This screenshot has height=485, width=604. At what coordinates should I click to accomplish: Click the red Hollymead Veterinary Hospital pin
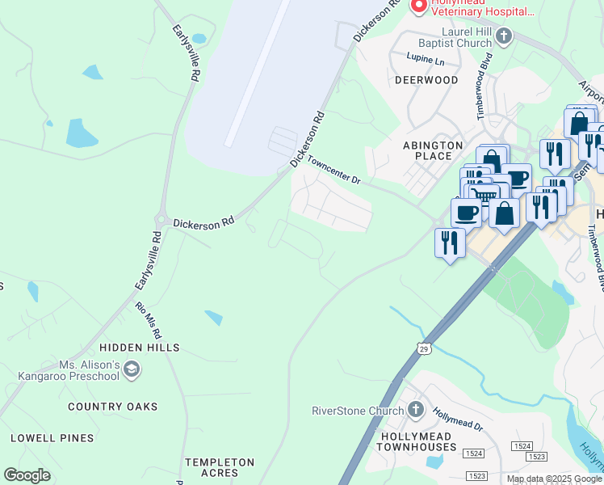click(x=418, y=6)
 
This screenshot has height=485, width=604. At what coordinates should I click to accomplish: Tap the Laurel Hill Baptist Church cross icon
click(x=504, y=36)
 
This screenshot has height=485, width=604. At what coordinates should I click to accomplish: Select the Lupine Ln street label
click(x=428, y=61)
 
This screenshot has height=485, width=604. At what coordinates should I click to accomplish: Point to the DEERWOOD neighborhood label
click(x=426, y=80)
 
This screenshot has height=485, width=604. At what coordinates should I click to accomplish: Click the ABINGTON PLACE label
click(x=433, y=151)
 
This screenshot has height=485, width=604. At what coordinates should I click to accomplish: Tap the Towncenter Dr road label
click(x=333, y=171)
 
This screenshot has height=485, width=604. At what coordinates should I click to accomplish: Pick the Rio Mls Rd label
click(x=149, y=320)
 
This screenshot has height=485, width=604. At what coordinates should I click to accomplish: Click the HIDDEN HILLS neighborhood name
click(x=140, y=348)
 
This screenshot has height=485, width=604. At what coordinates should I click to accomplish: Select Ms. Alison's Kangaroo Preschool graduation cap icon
click(x=132, y=370)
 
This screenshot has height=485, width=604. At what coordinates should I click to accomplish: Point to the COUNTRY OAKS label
click(x=113, y=407)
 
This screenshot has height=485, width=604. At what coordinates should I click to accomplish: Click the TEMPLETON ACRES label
click(x=220, y=467)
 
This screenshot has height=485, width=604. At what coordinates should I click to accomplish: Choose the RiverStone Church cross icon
click(x=416, y=410)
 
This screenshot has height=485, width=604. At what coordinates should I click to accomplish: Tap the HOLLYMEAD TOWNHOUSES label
click(x=409, y=441)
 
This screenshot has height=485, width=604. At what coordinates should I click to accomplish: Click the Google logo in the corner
click(x=27, y=475)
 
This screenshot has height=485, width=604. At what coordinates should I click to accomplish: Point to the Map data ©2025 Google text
click(x=554, y=479)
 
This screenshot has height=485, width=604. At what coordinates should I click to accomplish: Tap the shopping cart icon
click(x=484, y=195)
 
